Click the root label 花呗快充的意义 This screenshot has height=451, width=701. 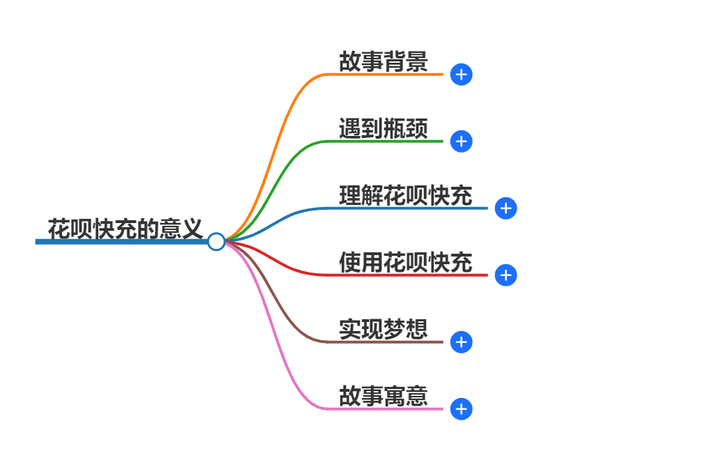(125, 228)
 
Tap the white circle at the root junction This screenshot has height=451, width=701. (216, 242)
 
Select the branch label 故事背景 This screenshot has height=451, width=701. (383, 62)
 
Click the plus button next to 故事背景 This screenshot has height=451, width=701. (462, 75)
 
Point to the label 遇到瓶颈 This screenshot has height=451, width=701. (383, 129)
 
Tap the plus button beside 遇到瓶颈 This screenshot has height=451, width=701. (462, 142)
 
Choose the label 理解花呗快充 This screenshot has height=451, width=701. (405, 196)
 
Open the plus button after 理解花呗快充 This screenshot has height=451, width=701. (506, 208)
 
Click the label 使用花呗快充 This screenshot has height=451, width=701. (405, 263)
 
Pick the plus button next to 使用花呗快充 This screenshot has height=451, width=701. (506, 275)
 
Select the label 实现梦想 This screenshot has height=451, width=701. (383, 329)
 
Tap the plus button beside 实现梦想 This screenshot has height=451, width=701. (462, 342)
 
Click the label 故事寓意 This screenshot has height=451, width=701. (383, 396)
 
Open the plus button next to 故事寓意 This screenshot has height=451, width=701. (462, 409)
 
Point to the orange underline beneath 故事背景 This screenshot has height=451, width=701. (383, 74)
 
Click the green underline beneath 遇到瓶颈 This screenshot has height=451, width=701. (383, 141)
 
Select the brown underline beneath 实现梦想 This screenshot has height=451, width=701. (383, 342)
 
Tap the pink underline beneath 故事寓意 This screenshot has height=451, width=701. (383, 408)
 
